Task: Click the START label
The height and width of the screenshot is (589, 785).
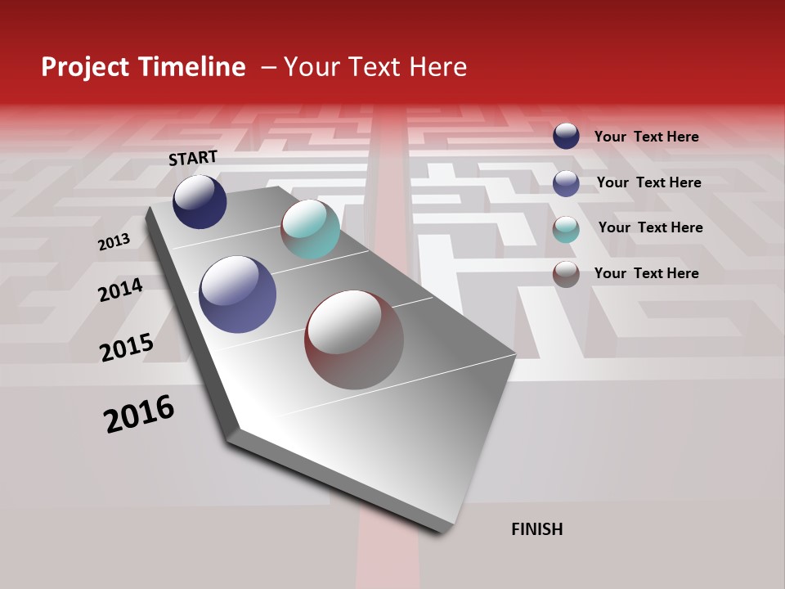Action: coord(193,158)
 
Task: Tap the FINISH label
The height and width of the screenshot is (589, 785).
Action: coord(537,529)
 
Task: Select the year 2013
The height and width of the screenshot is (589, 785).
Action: coord(114,241)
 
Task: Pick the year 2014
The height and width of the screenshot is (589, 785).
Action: coord(120,290)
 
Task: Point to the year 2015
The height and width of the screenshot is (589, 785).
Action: coord(127,348)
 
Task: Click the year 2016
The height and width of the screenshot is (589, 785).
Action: coord(139,414)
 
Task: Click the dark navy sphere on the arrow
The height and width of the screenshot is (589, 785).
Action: coord(200,201)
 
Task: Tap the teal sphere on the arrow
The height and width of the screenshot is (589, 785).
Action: coord(310,229)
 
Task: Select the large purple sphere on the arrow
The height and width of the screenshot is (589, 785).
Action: coord(238,294)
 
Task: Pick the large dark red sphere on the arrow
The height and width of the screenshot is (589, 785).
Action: coord(354,339)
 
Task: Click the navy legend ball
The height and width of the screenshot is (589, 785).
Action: coord(566,136)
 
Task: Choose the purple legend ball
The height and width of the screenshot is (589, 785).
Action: coord(566,183)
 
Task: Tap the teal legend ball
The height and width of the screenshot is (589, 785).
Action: coord(566,229)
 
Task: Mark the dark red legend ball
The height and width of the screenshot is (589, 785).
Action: coord(566,274)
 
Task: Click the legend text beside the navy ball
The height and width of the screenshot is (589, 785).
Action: coord(646,137)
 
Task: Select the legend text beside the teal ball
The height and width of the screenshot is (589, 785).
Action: coord(650,227)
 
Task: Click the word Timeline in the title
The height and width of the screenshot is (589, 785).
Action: coord(191,67)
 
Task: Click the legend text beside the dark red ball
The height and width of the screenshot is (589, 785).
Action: coord(646,273)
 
